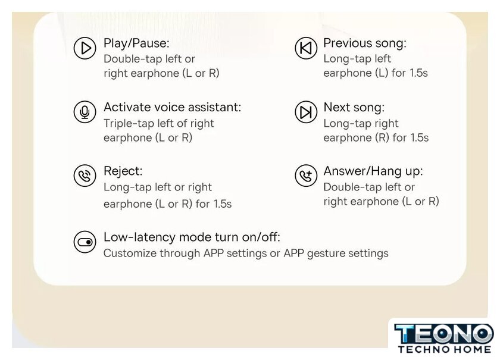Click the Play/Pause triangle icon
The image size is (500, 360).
(x=85, y=48)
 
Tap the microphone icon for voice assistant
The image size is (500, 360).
(x=85, y=112)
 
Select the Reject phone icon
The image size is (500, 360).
(x=85, y=176)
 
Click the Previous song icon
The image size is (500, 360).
(x=306, y=48)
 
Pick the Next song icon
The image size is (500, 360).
(x=306, y=112)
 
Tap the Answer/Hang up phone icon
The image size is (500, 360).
(x=306, y=176)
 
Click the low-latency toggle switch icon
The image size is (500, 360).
(x=85, y=242)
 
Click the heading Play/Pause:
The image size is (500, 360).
(x=136, y=43)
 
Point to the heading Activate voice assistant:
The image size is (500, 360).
(x=172, y=107)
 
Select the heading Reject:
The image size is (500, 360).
(x=123, y=171)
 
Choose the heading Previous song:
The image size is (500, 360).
(x=365, y=43)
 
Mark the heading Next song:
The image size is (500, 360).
(x=354, y=108)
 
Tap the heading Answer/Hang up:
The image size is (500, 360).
(x=373, y=171)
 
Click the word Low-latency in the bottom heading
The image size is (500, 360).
(x=140, y=237)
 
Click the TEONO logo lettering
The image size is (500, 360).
(x=444, y=334)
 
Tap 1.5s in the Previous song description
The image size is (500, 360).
(x=418, y=73)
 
